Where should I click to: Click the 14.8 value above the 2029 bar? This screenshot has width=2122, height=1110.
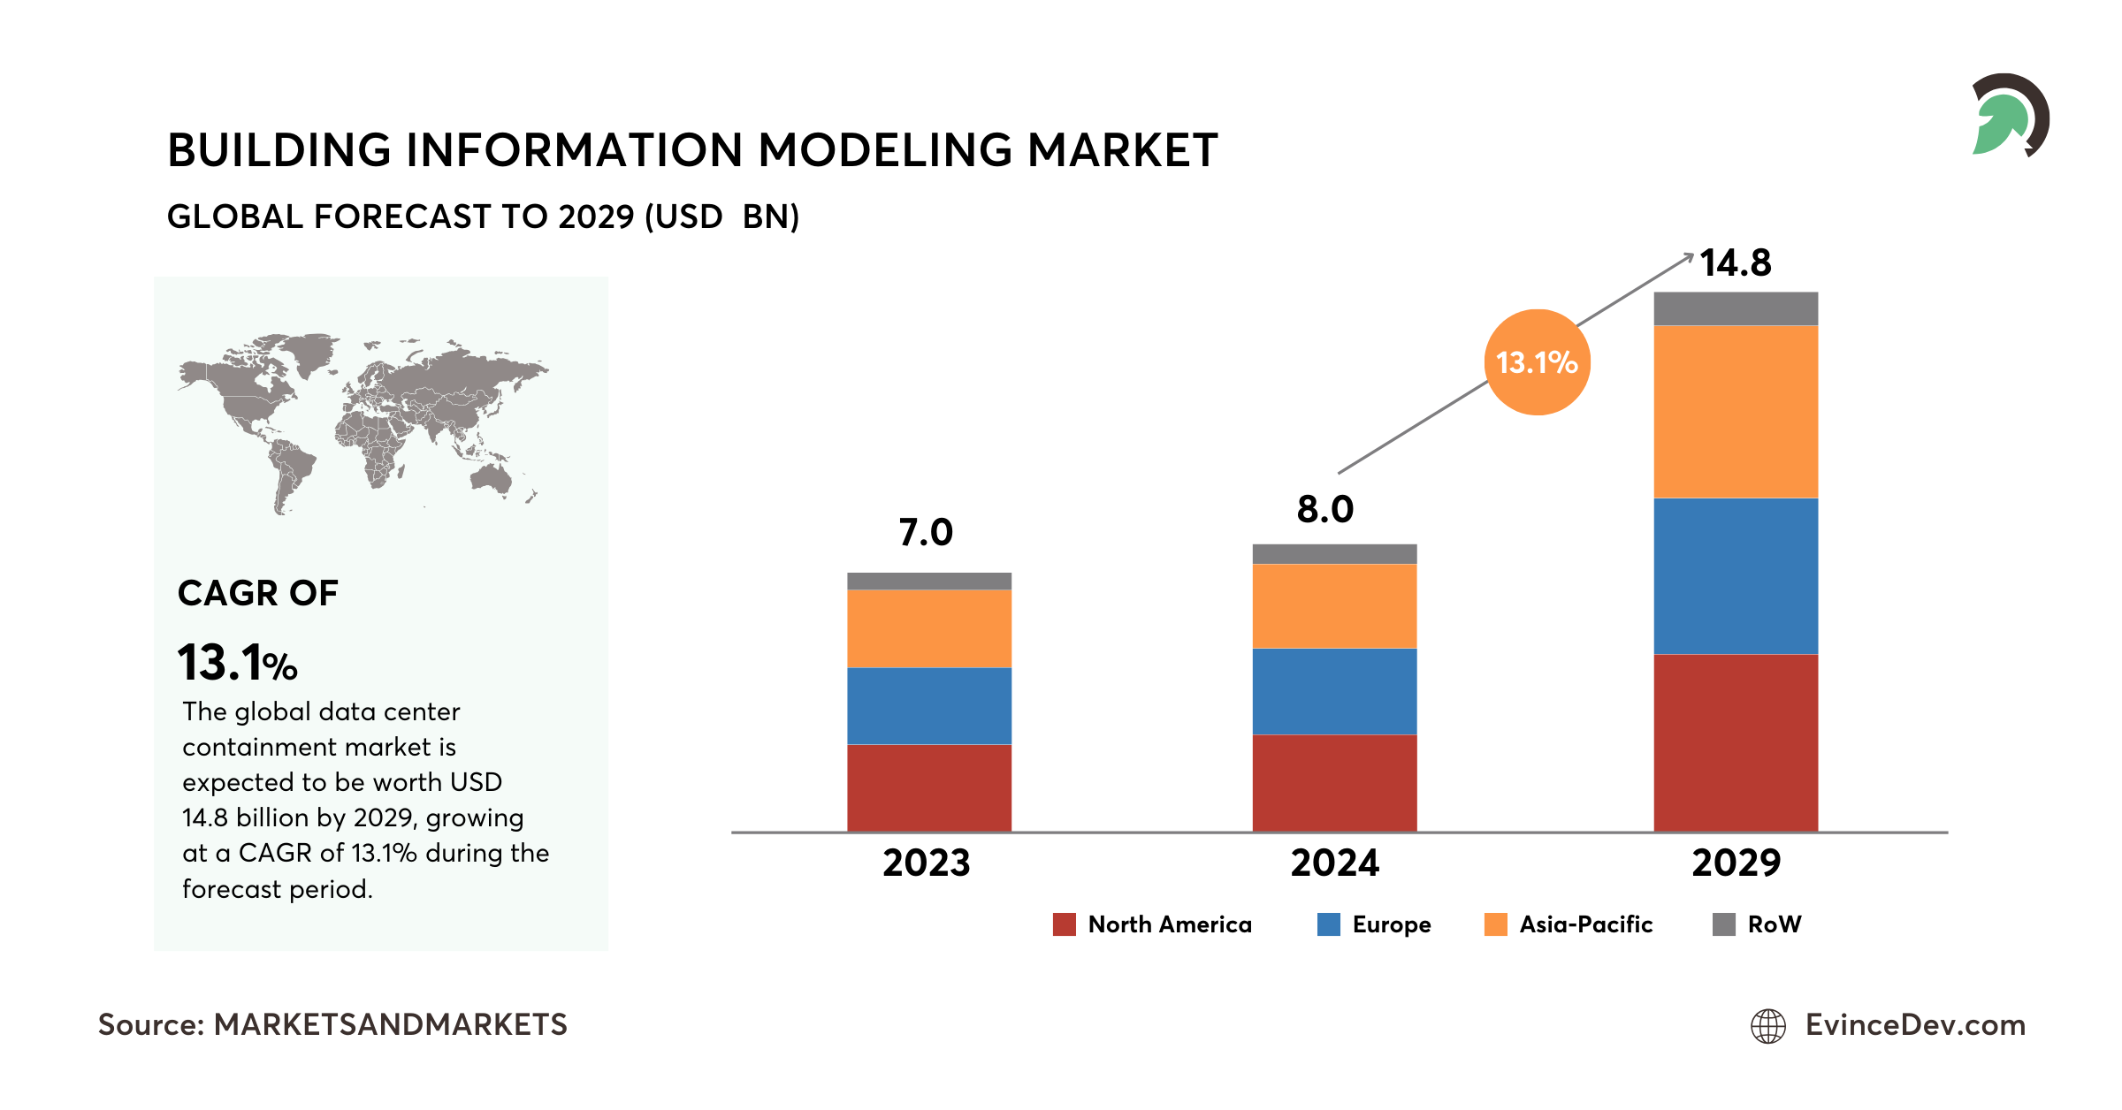tap(1735, 263)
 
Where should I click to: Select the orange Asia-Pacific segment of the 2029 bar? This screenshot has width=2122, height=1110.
tap(1736, 412)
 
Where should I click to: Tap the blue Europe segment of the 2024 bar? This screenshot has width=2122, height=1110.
tap(1334, 692)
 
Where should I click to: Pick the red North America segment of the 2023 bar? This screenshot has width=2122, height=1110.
tap(928, 787)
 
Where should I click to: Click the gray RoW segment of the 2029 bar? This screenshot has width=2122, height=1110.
tap(1736, 308)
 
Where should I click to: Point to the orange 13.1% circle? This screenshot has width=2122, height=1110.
tap(1537, 362)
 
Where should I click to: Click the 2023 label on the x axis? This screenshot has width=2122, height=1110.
tap(926, 863)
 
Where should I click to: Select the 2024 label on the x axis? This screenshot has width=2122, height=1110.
tap(1334, 863)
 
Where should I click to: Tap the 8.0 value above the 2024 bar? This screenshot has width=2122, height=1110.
tap(1324, 510)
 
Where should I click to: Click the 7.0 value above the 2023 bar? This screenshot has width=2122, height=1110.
tap(925, 533)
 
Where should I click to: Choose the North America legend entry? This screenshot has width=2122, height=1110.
tap(1152, 924)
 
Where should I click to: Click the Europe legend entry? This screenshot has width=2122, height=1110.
tap(1374, 924)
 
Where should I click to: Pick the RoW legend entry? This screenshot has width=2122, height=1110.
tap(1757, 924)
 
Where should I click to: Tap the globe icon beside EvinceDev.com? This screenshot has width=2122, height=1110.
tap(1768, 1026)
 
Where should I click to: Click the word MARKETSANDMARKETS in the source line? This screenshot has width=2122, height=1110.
tap(390, 1025)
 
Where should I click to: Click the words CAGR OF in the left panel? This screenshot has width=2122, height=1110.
tap(257, 593)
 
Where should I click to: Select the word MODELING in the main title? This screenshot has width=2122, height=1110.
tap(884, 150)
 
